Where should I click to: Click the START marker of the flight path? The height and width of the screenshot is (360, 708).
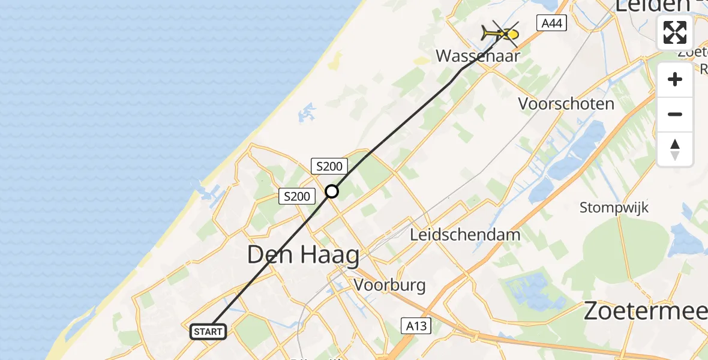208,331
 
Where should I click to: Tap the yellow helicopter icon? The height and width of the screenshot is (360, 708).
500,34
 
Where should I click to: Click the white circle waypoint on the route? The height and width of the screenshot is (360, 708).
332,191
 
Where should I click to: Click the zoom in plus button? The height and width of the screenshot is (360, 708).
675,80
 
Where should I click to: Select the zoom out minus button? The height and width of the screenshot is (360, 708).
675,114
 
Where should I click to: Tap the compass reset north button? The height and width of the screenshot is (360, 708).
675,149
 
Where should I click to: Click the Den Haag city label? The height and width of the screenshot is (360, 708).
303,256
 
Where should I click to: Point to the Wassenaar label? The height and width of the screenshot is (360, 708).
478,56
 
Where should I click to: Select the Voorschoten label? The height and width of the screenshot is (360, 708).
566,104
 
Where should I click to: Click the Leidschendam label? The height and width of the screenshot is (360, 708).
465,235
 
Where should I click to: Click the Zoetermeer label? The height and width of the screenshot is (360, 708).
645,313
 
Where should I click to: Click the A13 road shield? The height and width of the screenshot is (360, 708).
415,326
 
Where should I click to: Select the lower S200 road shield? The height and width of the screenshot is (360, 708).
296,196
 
